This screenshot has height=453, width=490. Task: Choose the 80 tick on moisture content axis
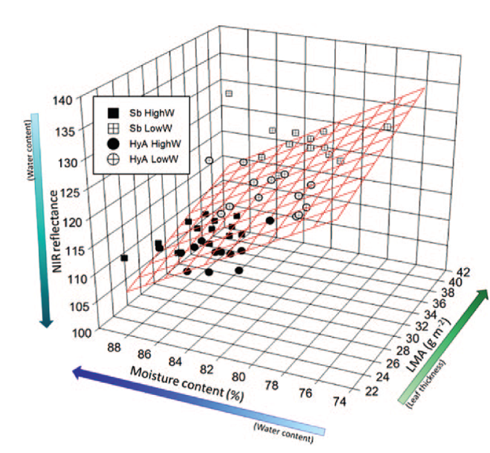(238, 377)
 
